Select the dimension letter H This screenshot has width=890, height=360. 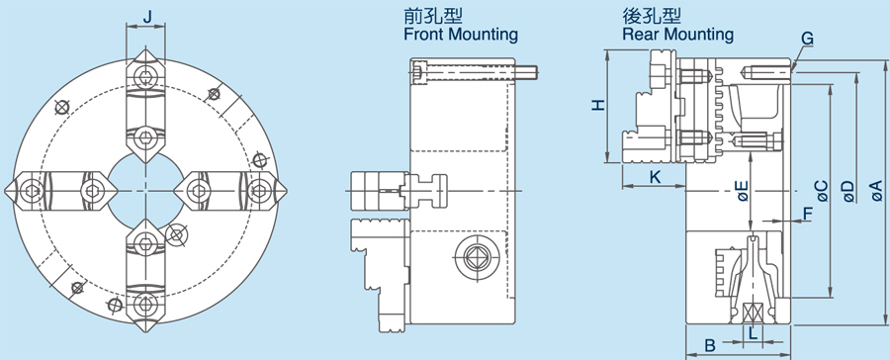595,105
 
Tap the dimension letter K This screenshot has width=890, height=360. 655,176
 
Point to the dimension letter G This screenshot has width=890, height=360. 808,38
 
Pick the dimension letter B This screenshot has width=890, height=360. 709,346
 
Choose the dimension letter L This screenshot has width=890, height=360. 754,333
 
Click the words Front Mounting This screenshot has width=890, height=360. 461,35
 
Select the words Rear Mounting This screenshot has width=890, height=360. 677,35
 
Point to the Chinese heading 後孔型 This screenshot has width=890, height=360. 652,17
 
